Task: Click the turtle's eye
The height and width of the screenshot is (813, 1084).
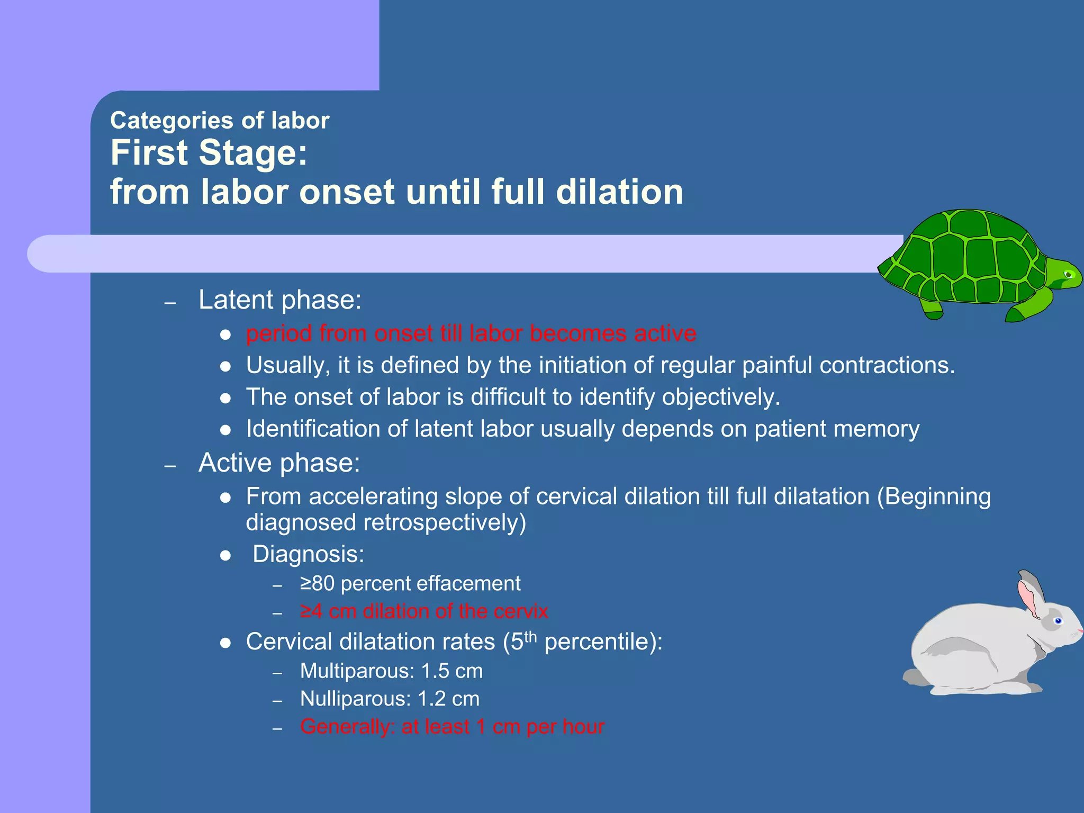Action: tap(1069, 274)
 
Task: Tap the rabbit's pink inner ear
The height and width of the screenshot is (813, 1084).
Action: tap(1027, 598)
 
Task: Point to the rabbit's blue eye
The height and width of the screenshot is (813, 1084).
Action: tap(1058, 620)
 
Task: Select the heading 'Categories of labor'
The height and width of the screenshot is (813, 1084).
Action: tap(220, 121)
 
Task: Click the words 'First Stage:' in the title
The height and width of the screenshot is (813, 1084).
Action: tap(209, 153)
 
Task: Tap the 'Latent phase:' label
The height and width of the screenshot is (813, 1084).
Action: tap(280, 300)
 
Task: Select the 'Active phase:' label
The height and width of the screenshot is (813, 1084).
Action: tap(279, 463)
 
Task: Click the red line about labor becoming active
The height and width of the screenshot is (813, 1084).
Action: tap(471, 333)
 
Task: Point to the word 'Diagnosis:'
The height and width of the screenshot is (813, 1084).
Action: tap(308, 554)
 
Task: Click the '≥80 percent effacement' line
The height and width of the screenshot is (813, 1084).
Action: tap(410, 583)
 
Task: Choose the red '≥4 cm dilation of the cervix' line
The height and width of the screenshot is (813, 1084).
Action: tap(423, 611)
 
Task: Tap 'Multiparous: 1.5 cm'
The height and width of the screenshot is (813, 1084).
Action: tap(391, 671)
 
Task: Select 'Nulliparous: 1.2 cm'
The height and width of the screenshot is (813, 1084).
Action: tap(390, 699)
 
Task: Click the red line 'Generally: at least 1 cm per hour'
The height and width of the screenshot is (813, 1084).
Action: tap(452, 727)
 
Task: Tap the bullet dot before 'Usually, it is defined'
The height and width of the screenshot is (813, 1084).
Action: tap(225, 366)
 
